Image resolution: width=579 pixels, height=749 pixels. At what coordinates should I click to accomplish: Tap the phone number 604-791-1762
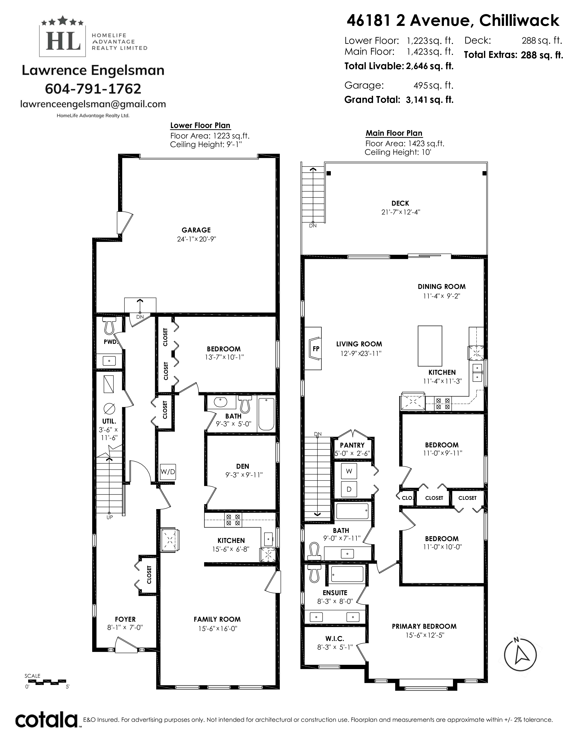93,89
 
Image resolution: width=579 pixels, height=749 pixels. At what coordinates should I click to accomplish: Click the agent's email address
93,104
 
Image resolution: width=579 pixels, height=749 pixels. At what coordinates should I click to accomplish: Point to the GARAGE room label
196,230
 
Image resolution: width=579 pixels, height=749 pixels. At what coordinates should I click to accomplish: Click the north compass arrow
520,655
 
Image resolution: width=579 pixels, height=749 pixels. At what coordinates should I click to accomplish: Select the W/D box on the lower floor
168,472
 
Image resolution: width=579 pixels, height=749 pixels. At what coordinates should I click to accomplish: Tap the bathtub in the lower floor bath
266,414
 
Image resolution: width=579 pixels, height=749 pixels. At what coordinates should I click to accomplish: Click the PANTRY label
352,445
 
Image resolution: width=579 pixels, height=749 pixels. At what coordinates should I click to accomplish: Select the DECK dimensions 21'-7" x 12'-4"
401,212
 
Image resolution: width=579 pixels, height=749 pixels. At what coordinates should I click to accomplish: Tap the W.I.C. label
335,638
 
